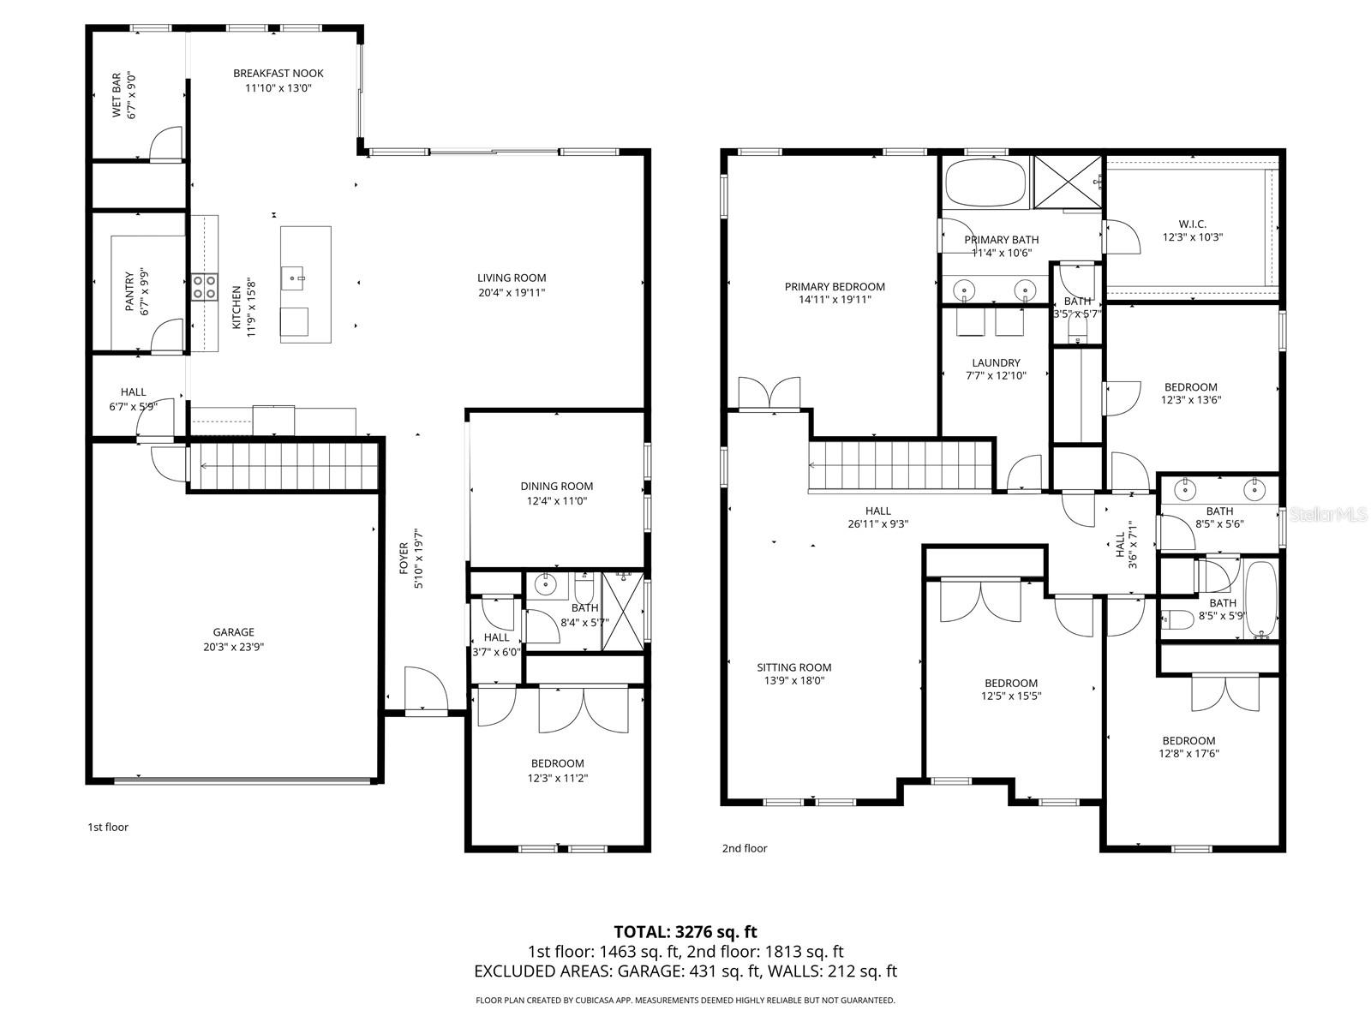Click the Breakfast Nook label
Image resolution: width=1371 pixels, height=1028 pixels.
pyautogui.click(x=278, y=74)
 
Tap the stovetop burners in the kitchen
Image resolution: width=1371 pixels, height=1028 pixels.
pyautogui.click(x=204, y=286)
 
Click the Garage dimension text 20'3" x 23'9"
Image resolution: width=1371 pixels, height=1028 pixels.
pyautogui.click(x=234, y=648)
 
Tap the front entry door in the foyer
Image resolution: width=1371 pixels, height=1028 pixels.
pyautogui.click(x=426, y=690)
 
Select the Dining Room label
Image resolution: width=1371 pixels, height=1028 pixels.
pyautogui.click(x=556, y=486)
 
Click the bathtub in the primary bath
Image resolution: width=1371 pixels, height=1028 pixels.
pyautogui.click(x=985, y=182)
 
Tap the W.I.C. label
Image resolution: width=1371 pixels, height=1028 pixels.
pyautogui.click(x=1192, y=224)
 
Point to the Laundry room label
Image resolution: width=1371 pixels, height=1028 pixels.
pyautogui.click(x=996, y=362)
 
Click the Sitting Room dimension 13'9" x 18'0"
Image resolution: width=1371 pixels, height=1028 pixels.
pyautogui.click(x=793, y=681)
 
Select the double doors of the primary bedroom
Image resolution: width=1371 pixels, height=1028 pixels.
pyautogui.click(x=769, y=393)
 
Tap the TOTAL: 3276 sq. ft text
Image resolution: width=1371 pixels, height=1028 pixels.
pyautogui.click(x=685, y=931)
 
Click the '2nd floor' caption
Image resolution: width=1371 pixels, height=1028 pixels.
pyautogui.click(x=744, y=848)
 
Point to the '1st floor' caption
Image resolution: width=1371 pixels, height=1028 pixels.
pyautogui.click(x=108, y=827)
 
